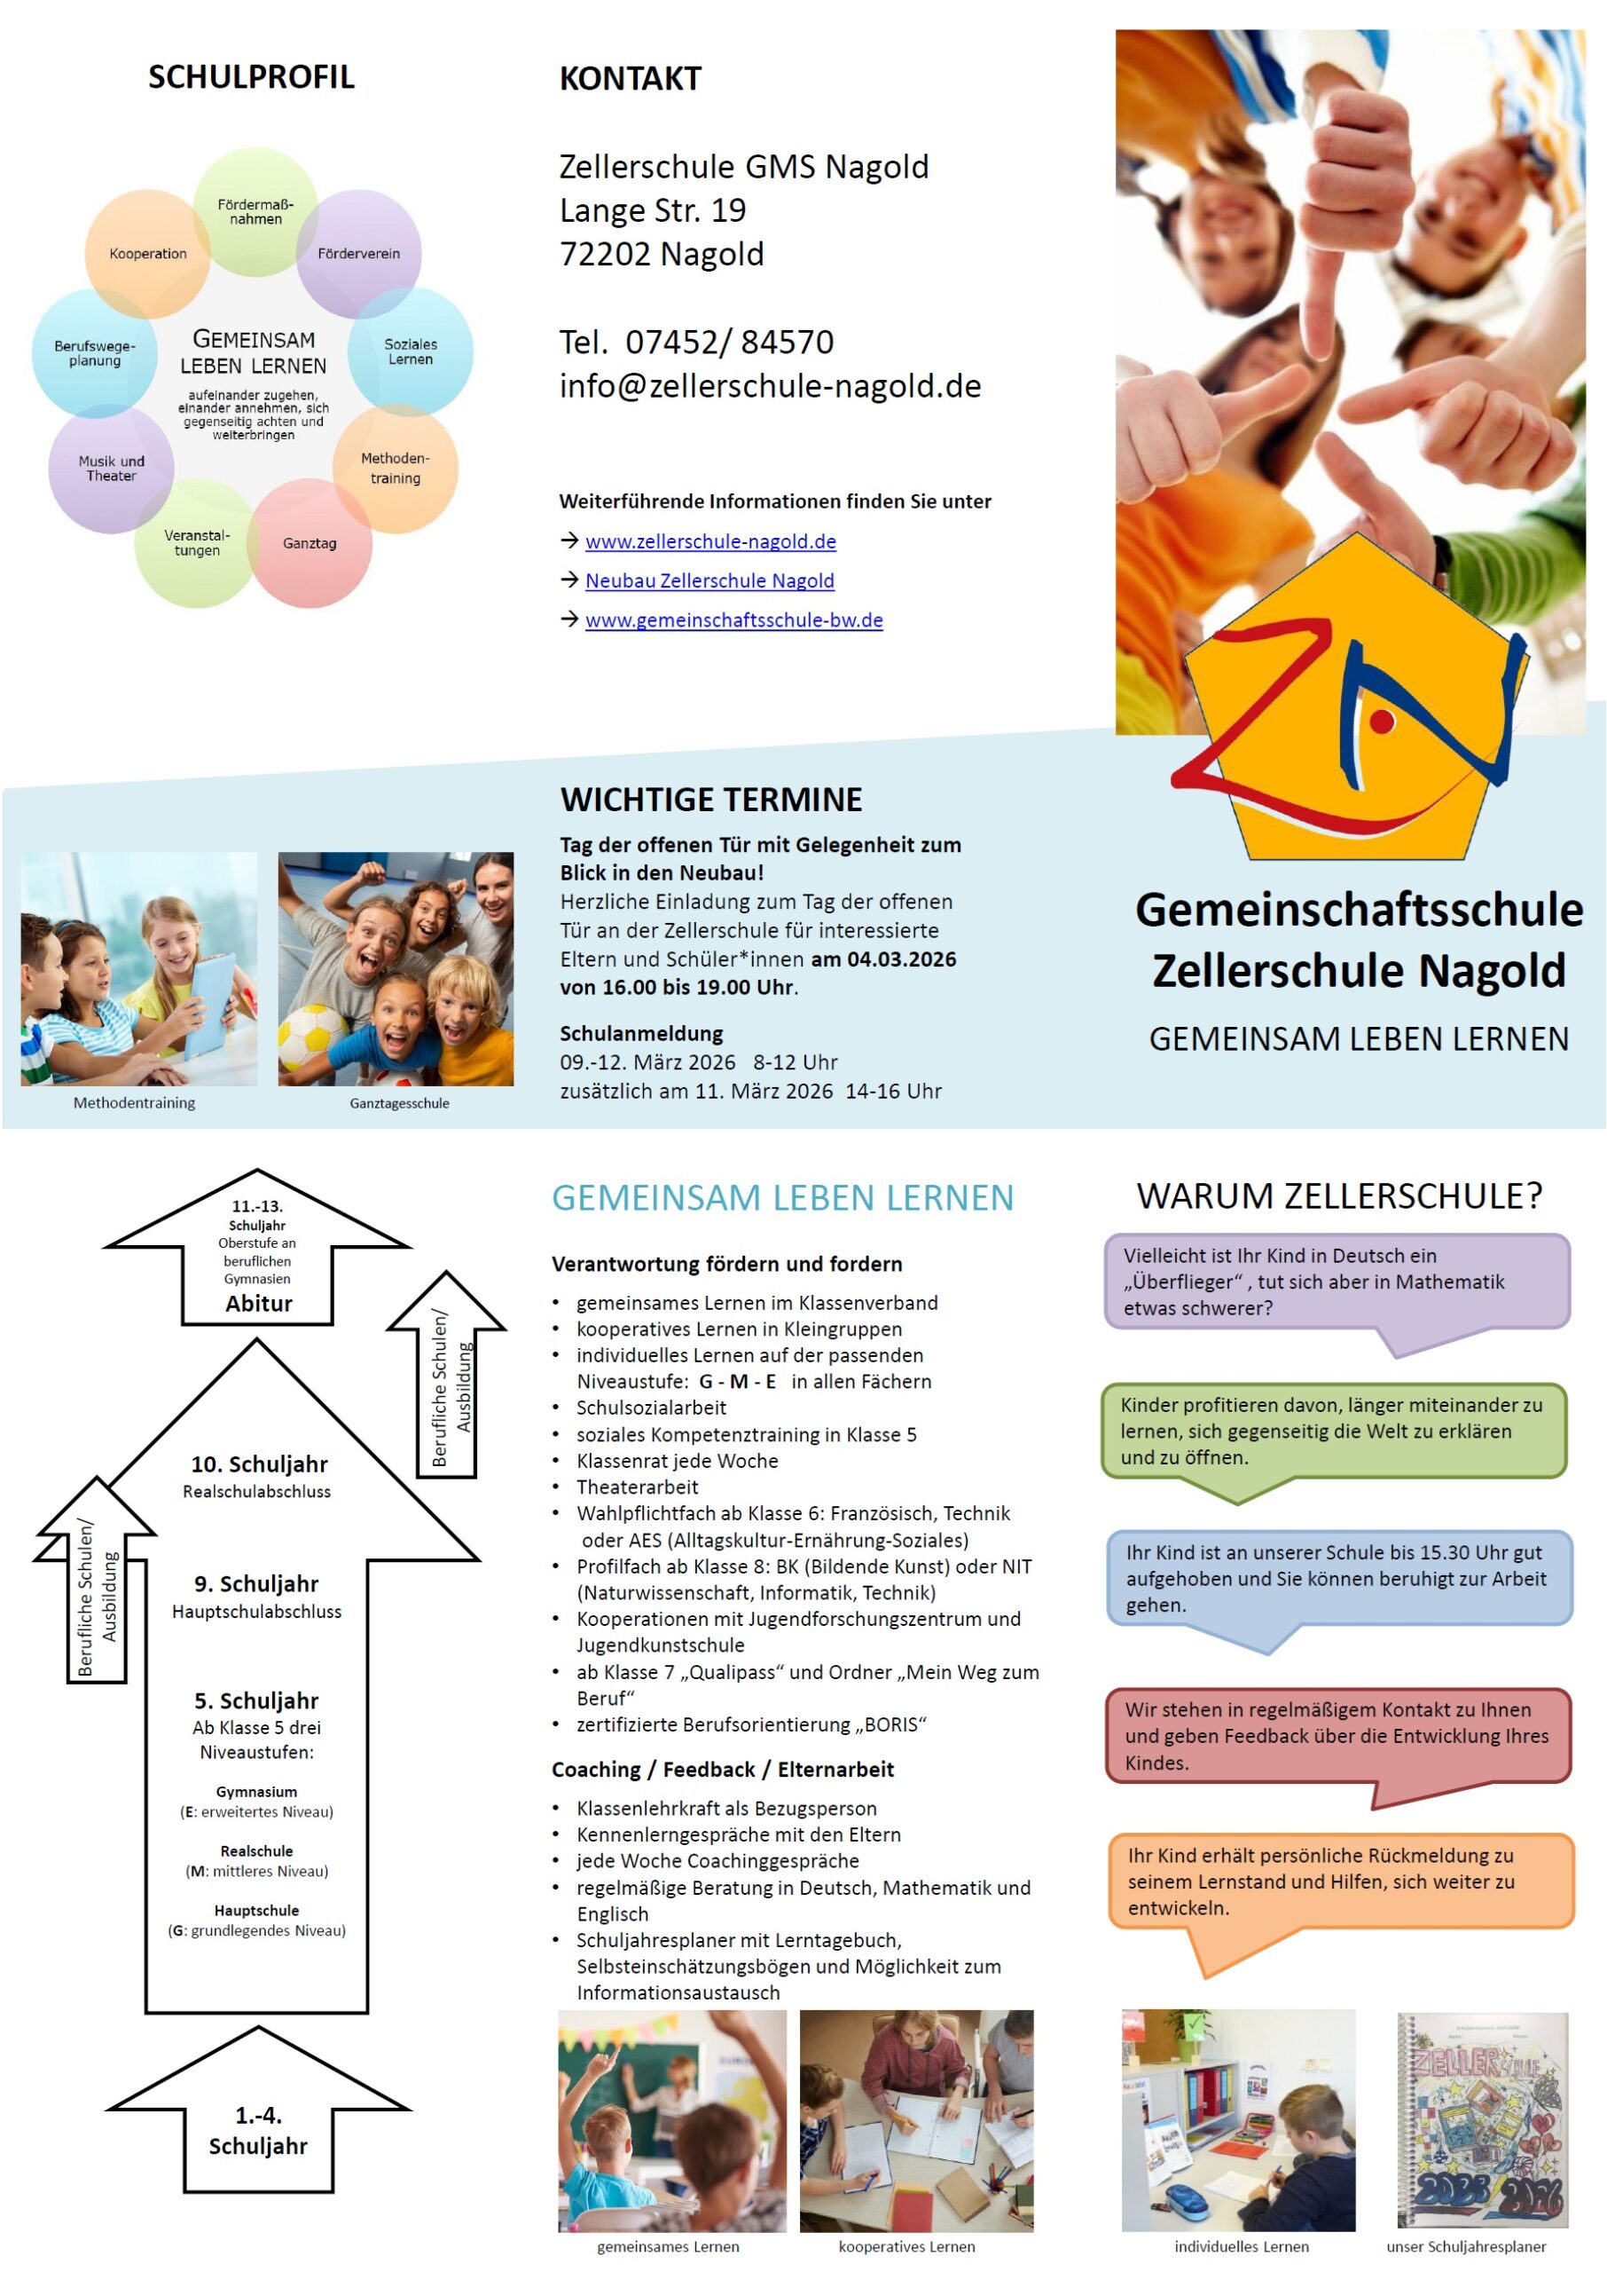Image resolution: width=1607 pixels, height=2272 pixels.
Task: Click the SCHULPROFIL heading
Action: click(250, 77)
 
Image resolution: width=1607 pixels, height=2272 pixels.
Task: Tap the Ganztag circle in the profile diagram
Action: click(310, 542)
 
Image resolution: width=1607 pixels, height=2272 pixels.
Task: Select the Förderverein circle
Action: click(358, 254)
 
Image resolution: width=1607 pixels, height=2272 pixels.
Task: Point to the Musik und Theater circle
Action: click(111, 469)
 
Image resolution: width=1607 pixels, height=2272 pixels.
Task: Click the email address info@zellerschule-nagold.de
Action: click(770, 385)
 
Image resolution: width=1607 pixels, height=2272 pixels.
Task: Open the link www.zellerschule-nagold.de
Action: click(710, 541)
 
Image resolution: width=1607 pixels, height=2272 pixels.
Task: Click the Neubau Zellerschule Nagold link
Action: click(709, 581)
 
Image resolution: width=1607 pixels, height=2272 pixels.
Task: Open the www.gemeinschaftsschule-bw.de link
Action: click(733, 620)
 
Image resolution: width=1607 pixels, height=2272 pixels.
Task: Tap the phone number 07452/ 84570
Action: click(729, 342)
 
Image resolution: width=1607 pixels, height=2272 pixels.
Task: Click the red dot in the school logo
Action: click(1383, 722)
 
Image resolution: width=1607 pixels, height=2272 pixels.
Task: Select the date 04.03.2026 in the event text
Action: click(901, 958)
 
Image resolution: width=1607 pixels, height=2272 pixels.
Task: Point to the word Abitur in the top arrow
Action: click(258, 1303)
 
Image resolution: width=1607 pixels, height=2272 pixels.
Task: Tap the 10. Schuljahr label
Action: click(258, 1464)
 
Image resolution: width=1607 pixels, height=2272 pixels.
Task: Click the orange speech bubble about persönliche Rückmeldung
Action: click(1340, 1881)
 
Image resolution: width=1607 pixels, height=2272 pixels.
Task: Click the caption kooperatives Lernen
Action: click(906, 2246)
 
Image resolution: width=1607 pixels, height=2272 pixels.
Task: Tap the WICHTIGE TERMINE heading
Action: click(710, 799)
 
